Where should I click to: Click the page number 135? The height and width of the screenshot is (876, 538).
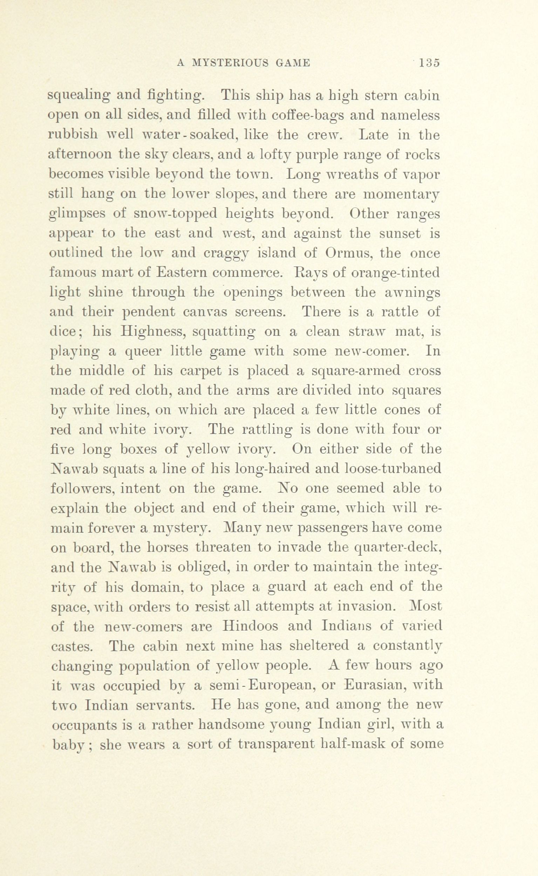(x=429, y=63)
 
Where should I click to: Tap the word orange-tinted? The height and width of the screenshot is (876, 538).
(x=395, y=273)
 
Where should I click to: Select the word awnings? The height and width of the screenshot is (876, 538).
(x=413, y=292)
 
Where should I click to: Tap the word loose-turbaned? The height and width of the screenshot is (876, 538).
(x=393, y=468)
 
